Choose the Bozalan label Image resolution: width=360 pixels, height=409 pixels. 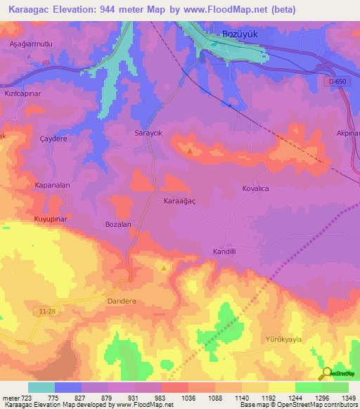pyautogui.click(x=118, y=224)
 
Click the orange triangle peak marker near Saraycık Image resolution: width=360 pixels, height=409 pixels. pyautogui.click(x=189, y=150)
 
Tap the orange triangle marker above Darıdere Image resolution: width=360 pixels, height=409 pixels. pyautogui.click(x=164, y=268)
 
